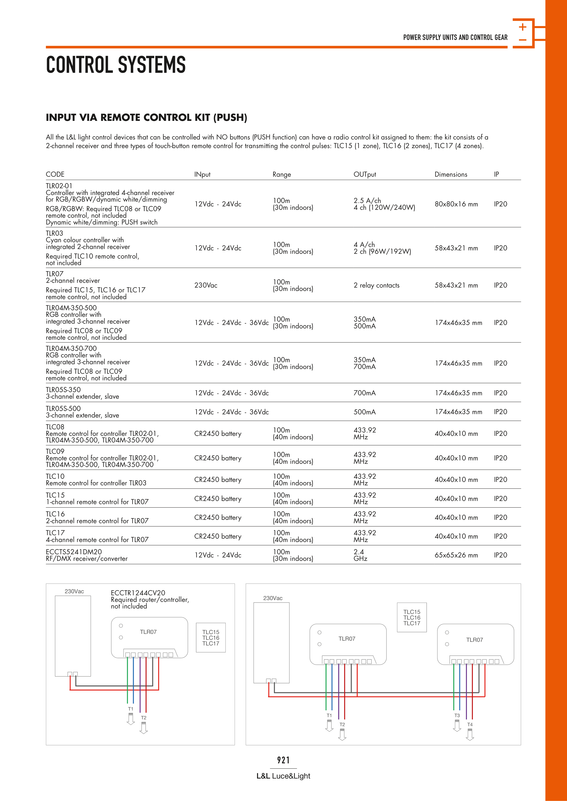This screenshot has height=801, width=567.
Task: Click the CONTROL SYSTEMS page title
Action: tap(116, 65)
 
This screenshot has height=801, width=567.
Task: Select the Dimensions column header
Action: tap(451, 174)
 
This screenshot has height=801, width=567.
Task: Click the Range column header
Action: tap(282, 174)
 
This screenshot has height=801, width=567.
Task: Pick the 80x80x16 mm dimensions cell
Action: tap(456, 204)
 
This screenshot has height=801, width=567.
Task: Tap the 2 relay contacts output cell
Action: tap(376, 285)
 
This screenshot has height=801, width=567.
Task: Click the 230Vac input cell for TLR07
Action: tap(206, 285)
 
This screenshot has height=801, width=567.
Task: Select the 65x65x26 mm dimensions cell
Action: tap(456, 555)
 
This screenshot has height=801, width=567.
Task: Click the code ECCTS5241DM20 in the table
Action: tap(74, 552)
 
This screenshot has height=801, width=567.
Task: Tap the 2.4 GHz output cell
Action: tap(360, 555)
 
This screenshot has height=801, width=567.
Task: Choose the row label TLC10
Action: tap(55, 476)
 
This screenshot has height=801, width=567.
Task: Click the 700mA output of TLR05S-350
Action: tap(364, 393)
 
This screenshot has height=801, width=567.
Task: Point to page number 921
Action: tap(283, 760)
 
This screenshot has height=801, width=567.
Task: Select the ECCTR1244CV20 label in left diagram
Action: tap(138, 593)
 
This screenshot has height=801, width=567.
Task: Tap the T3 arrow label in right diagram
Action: tap(457, 716)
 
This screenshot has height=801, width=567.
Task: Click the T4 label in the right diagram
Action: tap(470, 725)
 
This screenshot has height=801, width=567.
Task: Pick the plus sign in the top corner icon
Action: tap(523, 27)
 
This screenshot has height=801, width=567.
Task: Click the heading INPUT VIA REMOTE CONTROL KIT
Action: tap(146, 117)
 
